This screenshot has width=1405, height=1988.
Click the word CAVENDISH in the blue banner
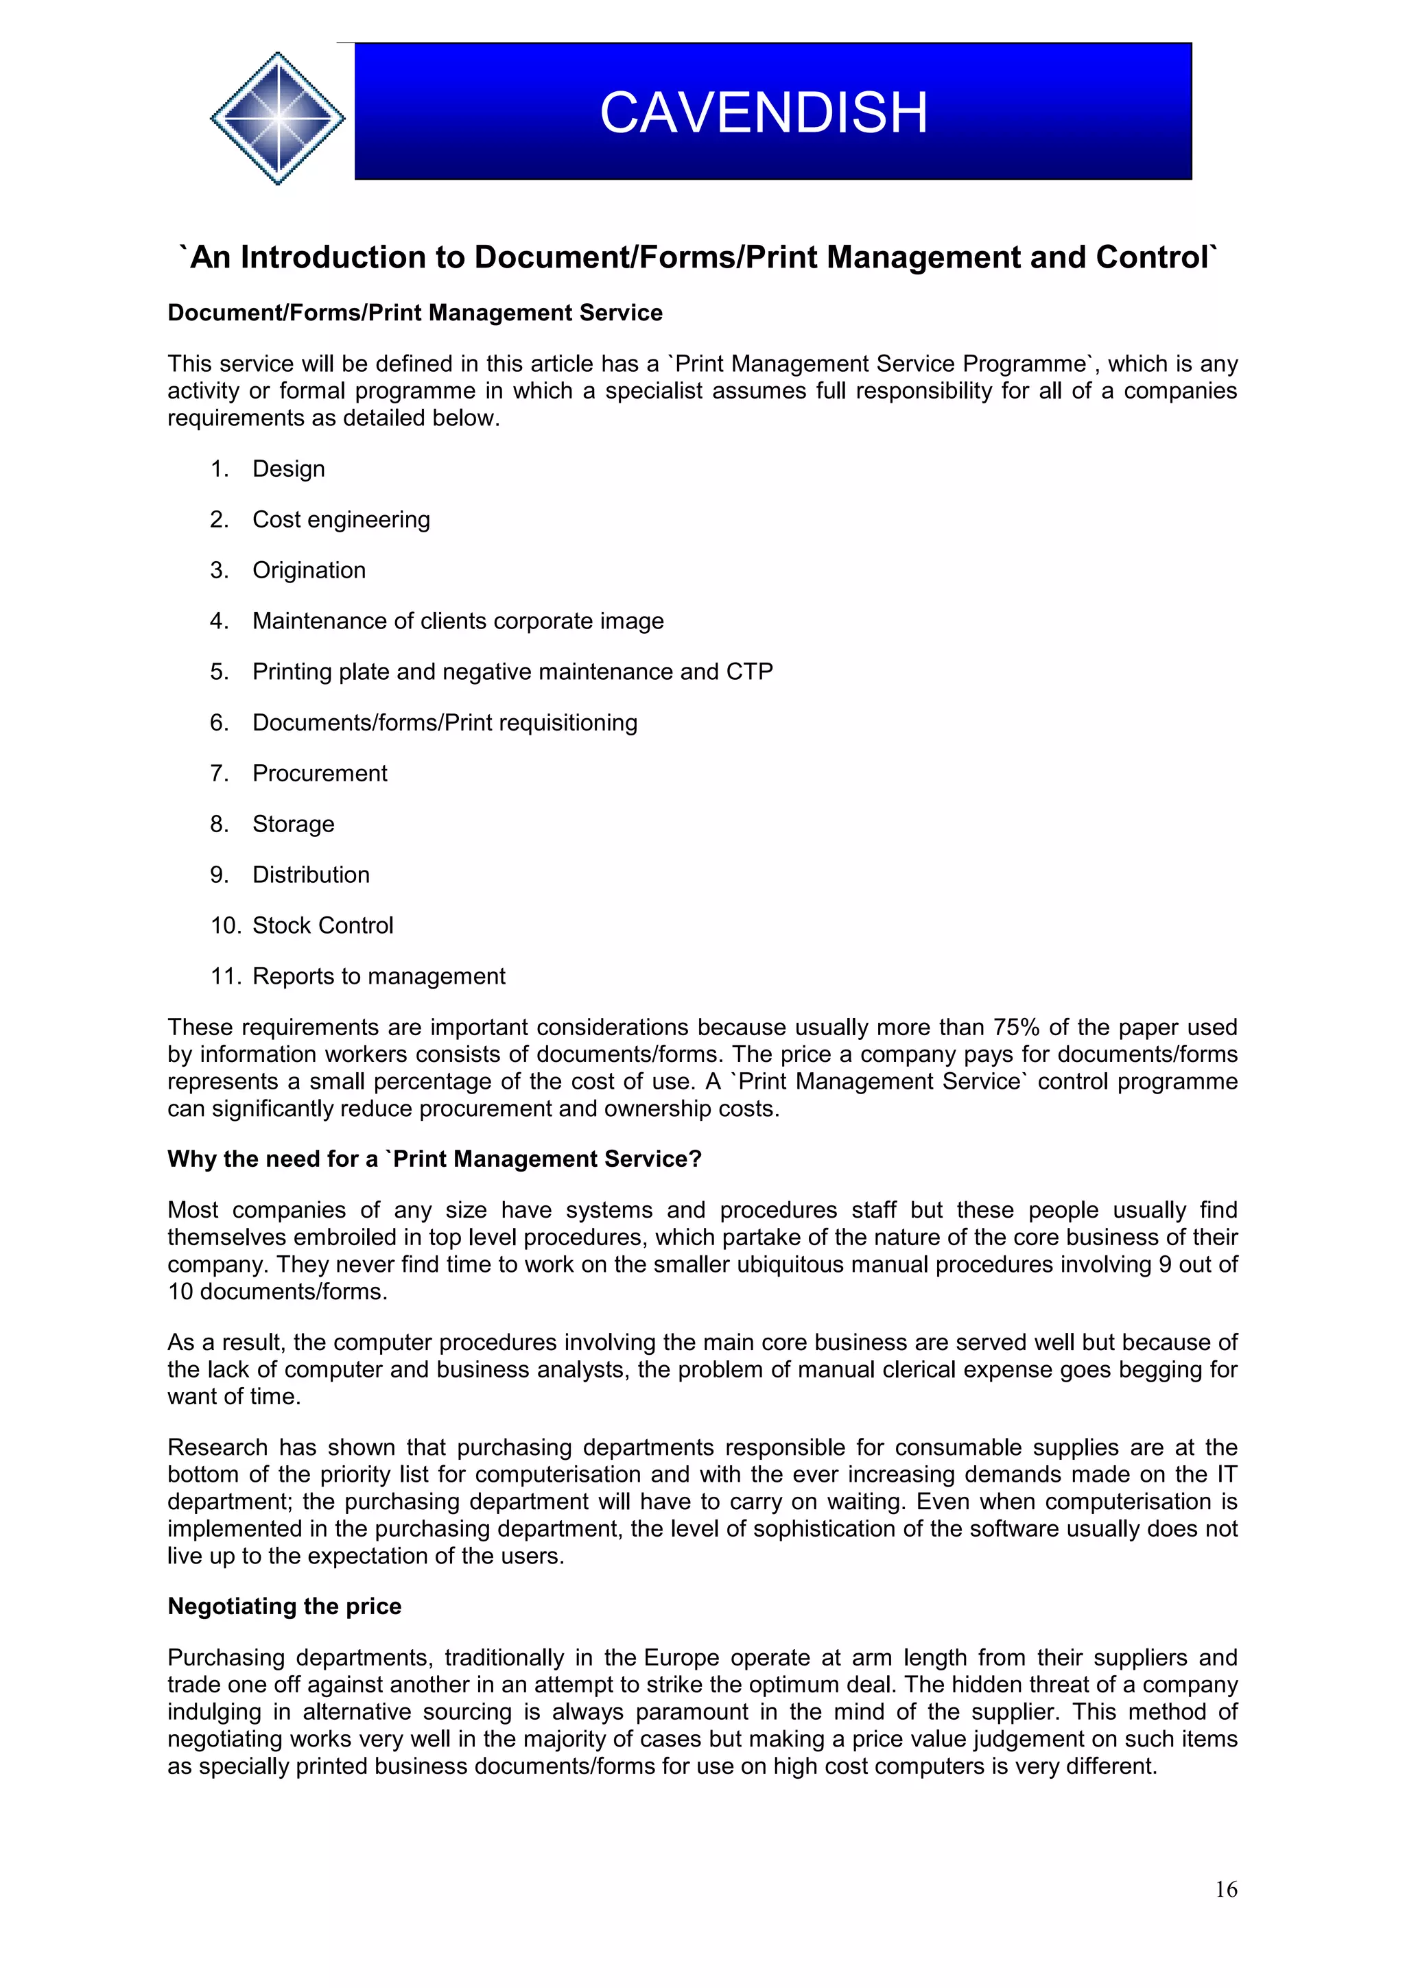(764, 113)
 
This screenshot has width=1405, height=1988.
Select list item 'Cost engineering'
(340, 519)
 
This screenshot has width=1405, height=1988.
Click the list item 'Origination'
(309, 571)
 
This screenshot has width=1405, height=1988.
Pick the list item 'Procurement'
(320, 773)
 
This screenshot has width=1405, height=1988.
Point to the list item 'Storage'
(293, 825)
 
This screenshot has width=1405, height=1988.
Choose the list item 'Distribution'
(311, 875)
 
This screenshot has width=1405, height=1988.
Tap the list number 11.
(224, 977)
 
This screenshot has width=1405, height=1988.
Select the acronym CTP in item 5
(749, 672)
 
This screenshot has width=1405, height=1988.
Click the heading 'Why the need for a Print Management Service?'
(434, 1159)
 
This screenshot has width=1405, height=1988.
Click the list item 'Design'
(288, 469)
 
